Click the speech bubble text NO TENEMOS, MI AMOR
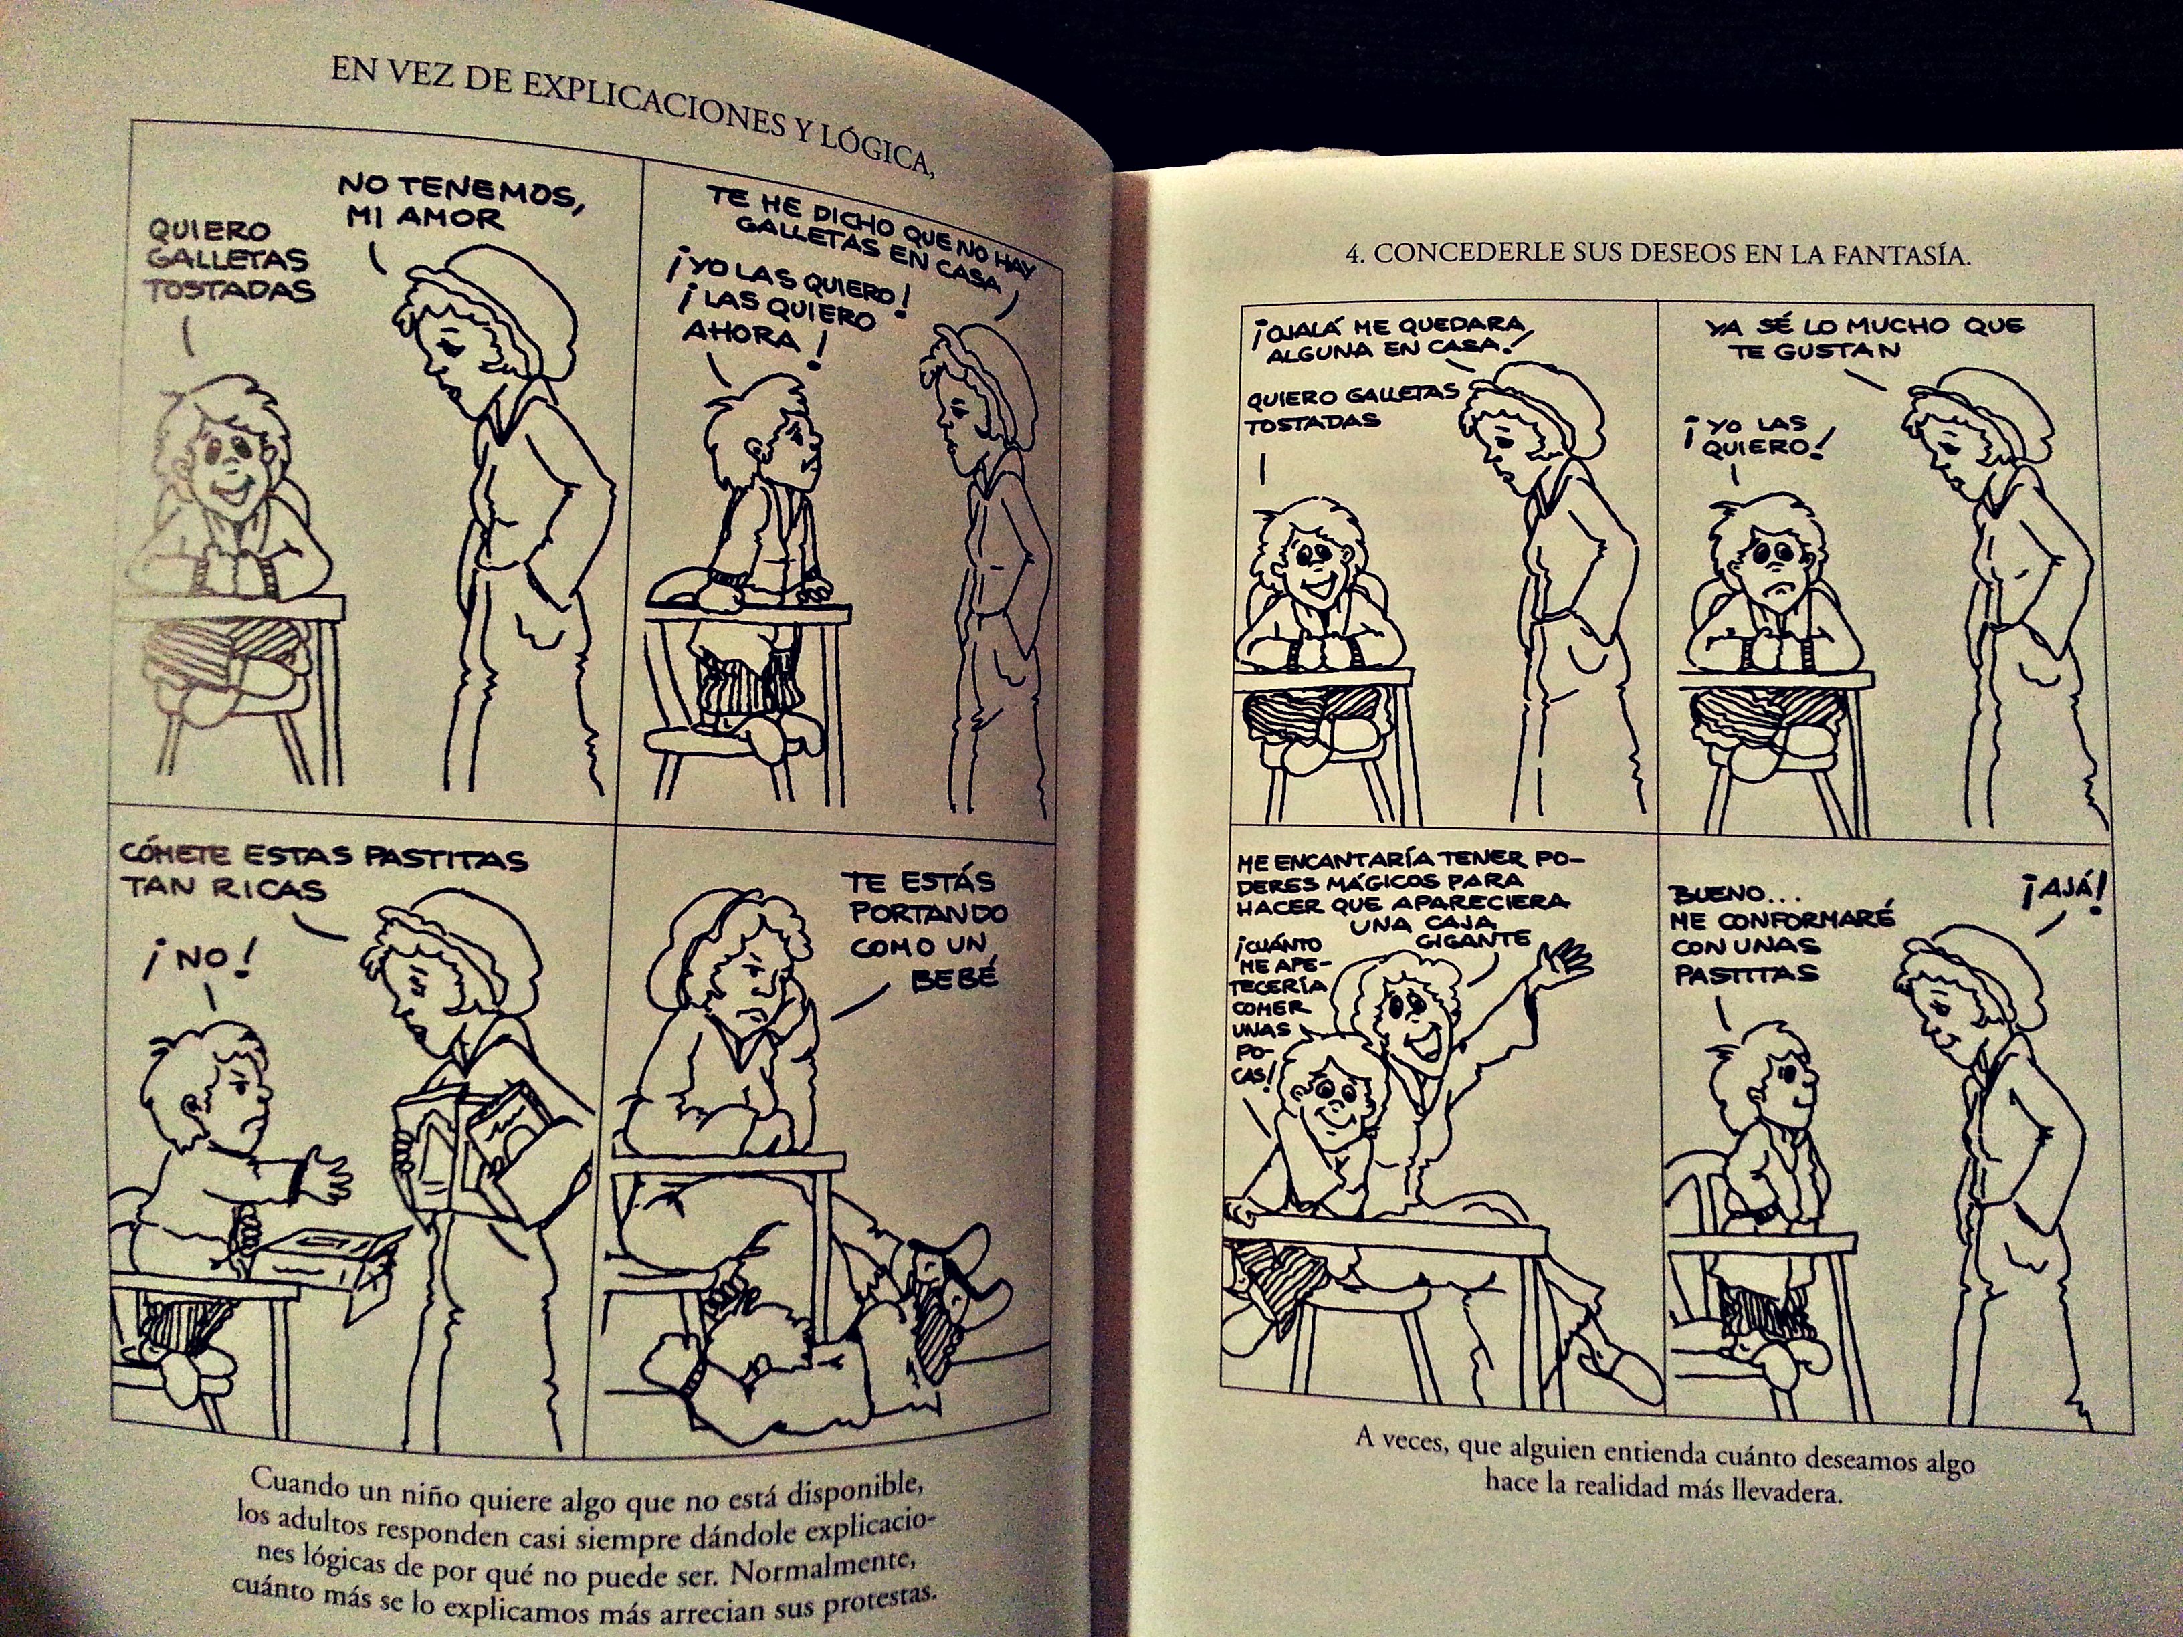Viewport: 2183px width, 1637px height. [x=459, y=201]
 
